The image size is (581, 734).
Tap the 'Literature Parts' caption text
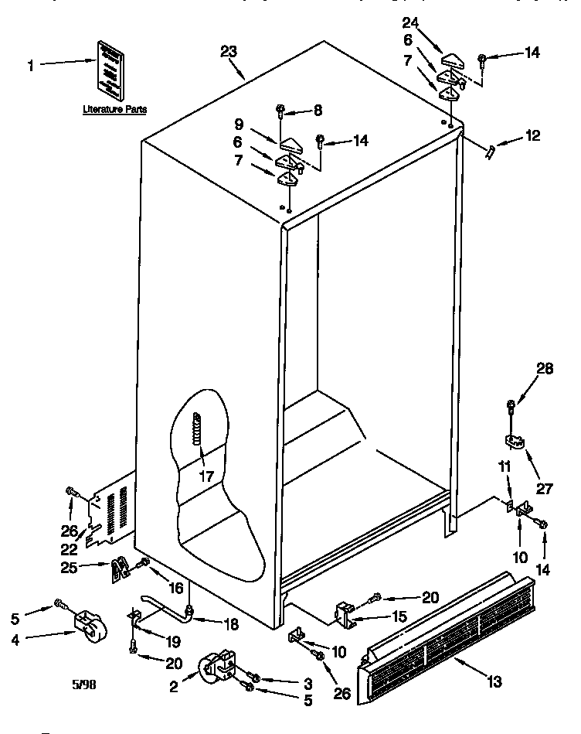tap(115, 111)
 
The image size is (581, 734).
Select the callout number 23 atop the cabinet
tap(229, 52)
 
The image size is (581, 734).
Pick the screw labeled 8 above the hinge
tap(280, 113)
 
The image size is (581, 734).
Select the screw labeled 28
tap(511, 405)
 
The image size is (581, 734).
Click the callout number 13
tap(494, 681)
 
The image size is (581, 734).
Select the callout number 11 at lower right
tap(505, 466)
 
